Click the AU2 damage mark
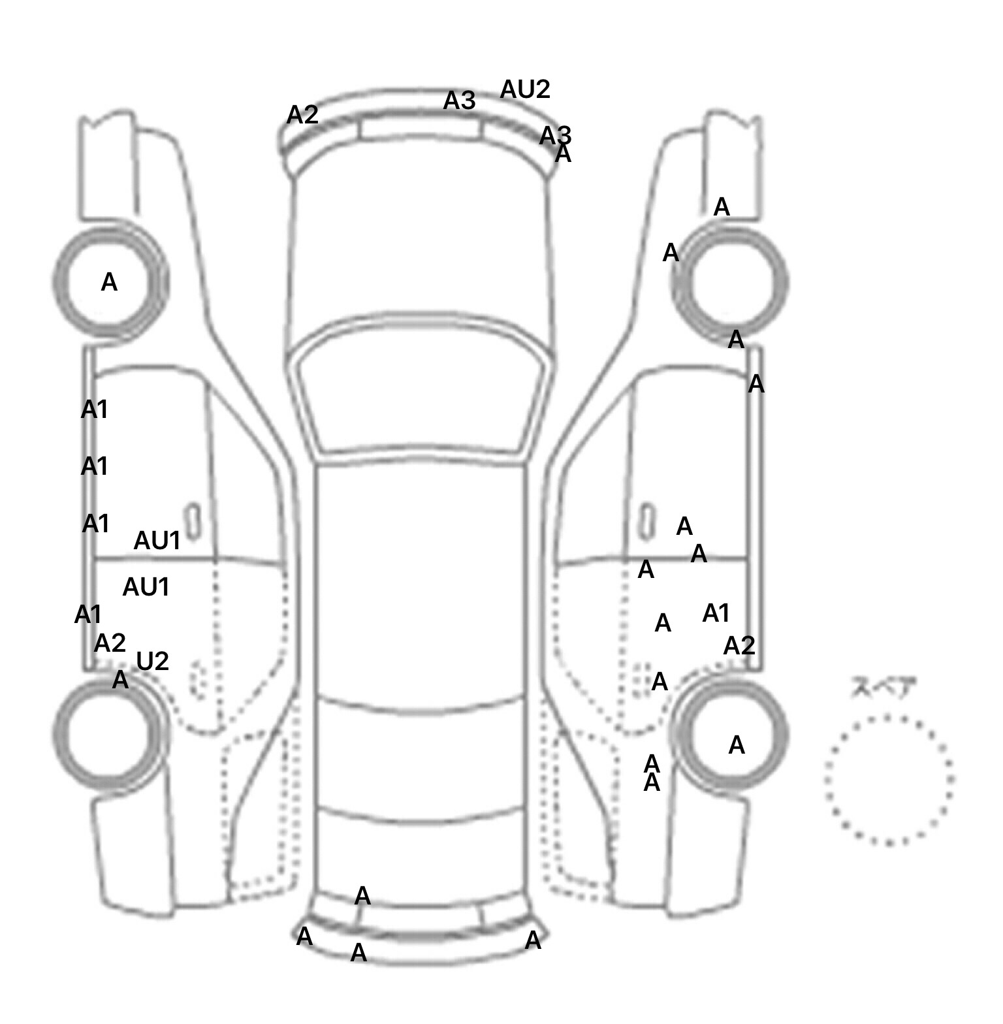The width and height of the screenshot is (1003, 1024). (x=525, y=89)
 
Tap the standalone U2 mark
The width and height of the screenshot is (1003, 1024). (x=153, y=662)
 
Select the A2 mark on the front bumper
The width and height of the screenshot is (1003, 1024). (x=302, y=116)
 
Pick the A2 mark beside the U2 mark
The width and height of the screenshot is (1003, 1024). (x=110, y=643)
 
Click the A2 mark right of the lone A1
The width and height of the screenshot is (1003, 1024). (x=739, y=646)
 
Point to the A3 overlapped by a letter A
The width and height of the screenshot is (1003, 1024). (x=554, y=136)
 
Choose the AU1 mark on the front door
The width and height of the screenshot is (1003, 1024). (x=157, y=541)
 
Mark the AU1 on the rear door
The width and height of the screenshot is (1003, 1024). (x=146, y=587)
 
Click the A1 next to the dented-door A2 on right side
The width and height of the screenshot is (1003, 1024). (x=716, y=613)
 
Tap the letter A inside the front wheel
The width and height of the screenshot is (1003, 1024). (x=109, y=282)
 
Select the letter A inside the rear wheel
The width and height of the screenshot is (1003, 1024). (x=736, y=744)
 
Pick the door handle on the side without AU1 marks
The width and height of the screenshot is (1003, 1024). (x=646, y=520)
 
